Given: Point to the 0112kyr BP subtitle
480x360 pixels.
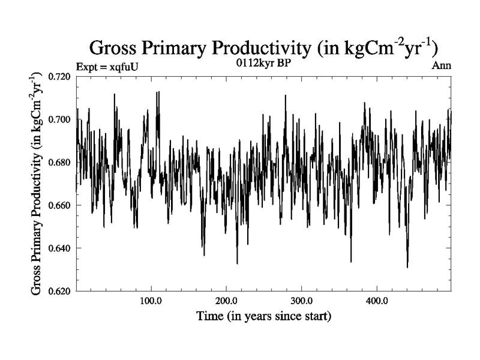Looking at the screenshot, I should [x=263, y=63].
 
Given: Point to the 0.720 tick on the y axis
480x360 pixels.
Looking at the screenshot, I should [x=60, y=76].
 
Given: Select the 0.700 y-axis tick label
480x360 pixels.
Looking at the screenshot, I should [x=60, y=119].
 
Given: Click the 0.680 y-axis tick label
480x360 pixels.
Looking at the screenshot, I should [x=60, y=162].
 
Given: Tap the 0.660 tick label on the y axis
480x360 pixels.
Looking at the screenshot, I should [x=60, y=205].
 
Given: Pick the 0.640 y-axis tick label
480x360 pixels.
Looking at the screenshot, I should [x=60, y=248].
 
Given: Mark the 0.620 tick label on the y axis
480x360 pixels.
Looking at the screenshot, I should [x=60, y=291].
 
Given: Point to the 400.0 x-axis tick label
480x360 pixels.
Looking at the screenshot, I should [x=376, y=300].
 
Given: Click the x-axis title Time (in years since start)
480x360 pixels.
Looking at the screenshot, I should [x=263, y=315].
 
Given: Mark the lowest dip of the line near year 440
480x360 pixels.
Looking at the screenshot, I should [x=407, y=267].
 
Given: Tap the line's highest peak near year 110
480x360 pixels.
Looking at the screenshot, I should [x=158, y=92].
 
